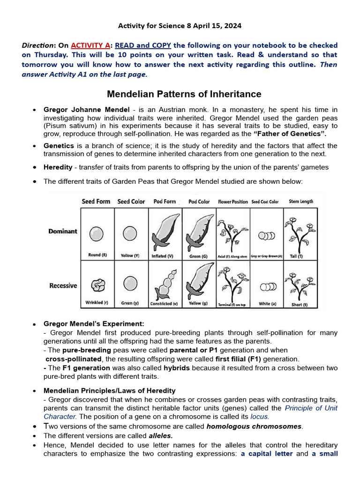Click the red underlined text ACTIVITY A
click(90, 45)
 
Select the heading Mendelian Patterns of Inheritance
click(184, 94)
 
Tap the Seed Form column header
click(96, 202)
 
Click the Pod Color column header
click(199, 202)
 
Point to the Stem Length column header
click(301, 202)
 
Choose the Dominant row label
click(63, 232)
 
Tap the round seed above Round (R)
click(97, 233)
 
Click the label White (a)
click(267, 304)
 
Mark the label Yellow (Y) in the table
click(130, 256)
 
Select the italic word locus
click(260, 416)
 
